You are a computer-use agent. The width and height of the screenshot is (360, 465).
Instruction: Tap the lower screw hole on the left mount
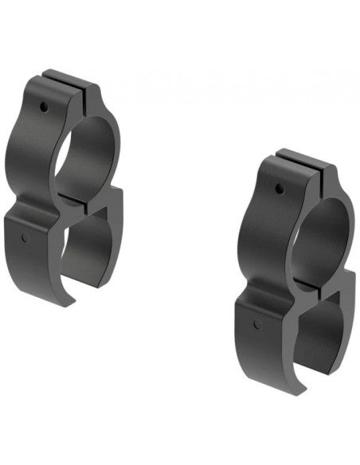[x=26, y=237]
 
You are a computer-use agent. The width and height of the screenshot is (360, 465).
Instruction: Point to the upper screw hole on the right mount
[x=279, y=189]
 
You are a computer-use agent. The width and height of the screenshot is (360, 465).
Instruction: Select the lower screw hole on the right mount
[x=257, y=324]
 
